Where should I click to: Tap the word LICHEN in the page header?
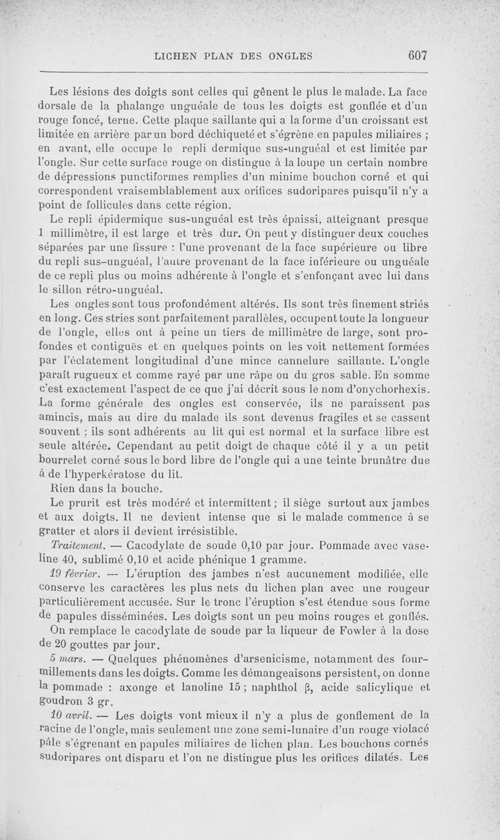point(179,56)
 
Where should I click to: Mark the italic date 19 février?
point(76,573)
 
